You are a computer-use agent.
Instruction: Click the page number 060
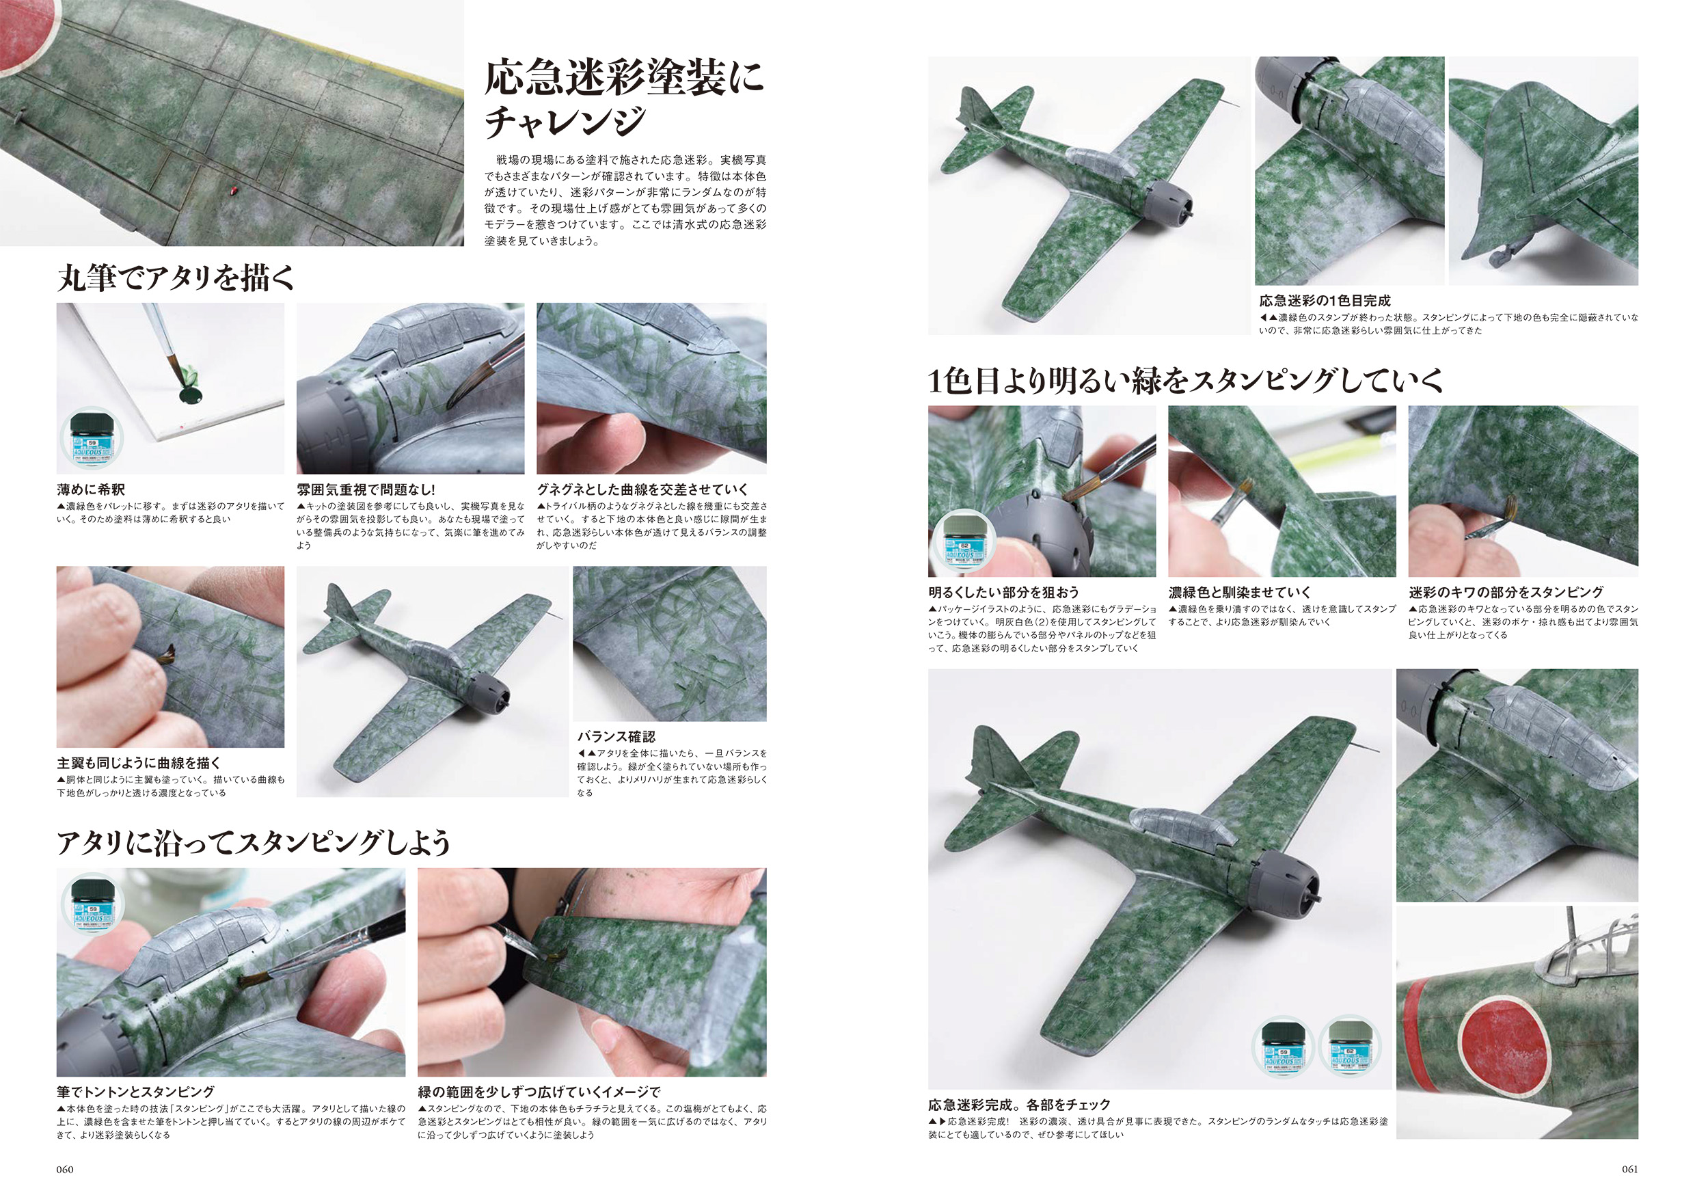(65, 1169)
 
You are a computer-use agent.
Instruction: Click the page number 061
(1629, 1169)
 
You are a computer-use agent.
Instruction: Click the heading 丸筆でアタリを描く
(176, 278)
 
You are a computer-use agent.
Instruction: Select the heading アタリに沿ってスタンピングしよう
(253, 842)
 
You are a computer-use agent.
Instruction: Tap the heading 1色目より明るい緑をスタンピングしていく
(1185, 380)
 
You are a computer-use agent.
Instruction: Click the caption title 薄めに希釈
(91, 489)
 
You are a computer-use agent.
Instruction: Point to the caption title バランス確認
(616, 736)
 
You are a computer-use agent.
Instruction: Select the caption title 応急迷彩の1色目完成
(1325, 301)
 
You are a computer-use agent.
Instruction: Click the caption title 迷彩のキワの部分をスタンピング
(1506, 592)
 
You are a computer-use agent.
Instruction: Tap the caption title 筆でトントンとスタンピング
(136, 1091)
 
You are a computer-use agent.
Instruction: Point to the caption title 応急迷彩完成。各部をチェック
(1019, 1105)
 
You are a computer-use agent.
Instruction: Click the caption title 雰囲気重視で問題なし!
(366, 489)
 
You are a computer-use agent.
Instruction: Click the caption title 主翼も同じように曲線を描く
(139, 763)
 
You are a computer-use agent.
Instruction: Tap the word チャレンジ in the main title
(565, 121)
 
